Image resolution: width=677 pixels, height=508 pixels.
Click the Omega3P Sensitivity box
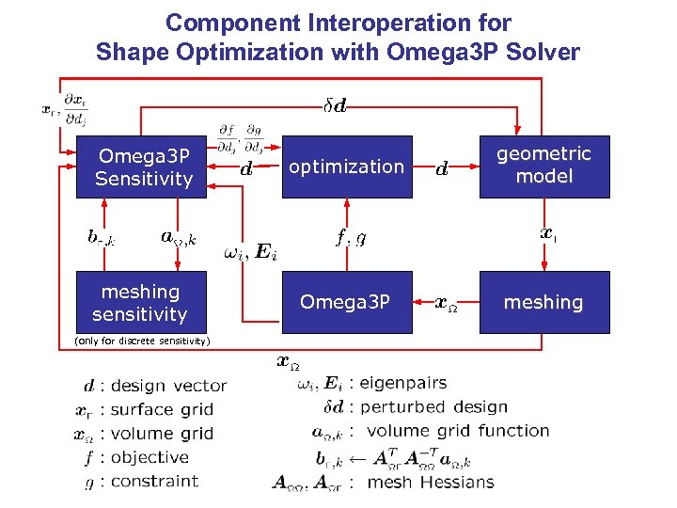click(x=144, y=167)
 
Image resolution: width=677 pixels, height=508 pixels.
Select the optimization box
click(x=346, y=167)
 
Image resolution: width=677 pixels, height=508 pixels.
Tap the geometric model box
click(x=543, y=166)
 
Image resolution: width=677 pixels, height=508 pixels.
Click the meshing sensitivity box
click(x=140, y=303)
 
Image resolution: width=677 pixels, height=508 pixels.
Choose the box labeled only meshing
click(x=543, y=302)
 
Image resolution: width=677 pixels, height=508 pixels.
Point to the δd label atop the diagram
click(x=334, y=106)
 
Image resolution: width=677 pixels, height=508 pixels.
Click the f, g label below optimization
click(x=352, y=238)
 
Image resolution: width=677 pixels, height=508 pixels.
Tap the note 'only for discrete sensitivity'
click(x=142, y=341)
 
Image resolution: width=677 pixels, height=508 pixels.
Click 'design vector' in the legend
click(x=168, y=386)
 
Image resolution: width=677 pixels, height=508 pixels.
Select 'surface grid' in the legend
click(x=162, y=410)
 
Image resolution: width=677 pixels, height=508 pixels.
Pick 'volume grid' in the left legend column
click(x=162, y=434)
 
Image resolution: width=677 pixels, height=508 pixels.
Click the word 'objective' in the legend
click(x=150, y=457)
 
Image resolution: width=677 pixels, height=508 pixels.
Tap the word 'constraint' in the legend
click(x=155, y=481)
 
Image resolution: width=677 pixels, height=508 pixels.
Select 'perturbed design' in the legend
click(x=433, y=407)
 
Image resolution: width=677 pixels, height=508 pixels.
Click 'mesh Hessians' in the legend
click(x=430, y=482)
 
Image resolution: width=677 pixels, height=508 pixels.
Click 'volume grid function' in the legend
click(x=457, y=431)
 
